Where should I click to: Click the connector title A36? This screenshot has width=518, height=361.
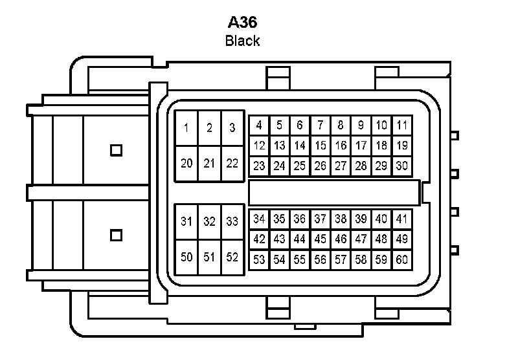(x=243, y=22)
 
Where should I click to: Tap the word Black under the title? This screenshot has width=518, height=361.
(x=242, y=41)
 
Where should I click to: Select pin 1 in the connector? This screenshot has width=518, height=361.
(x=186, y=128)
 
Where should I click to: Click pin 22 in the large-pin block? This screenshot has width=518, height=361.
(x=232, y=163)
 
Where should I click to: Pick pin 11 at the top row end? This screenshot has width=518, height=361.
(x=402, y=126)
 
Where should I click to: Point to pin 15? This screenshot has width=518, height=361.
(x=321, y=146)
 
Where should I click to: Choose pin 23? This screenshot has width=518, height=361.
(x=259, y=166)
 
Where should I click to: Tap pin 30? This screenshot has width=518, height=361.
(x=402, y=166)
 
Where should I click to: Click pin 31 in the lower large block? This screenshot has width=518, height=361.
(x=186, y=222)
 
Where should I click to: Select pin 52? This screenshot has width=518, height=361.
(x=232, y=257)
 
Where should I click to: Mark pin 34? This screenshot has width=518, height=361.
(x=259, y=219)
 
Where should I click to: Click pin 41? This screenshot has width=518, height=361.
(x=402, y=219)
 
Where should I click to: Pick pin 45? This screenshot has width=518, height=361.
(x=321, y=239)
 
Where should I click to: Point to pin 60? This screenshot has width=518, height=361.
(x=402, y=260)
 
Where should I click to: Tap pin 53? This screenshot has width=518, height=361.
(x=259, y=260)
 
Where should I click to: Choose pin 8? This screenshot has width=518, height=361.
(x=341, y=126)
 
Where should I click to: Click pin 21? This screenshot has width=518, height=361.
(x=209, y=163)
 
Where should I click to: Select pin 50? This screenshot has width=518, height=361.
(x=186, y=257)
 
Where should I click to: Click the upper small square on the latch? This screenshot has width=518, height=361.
(x=116, y=150)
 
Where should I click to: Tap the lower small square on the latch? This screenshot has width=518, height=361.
(x=116, y=235)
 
